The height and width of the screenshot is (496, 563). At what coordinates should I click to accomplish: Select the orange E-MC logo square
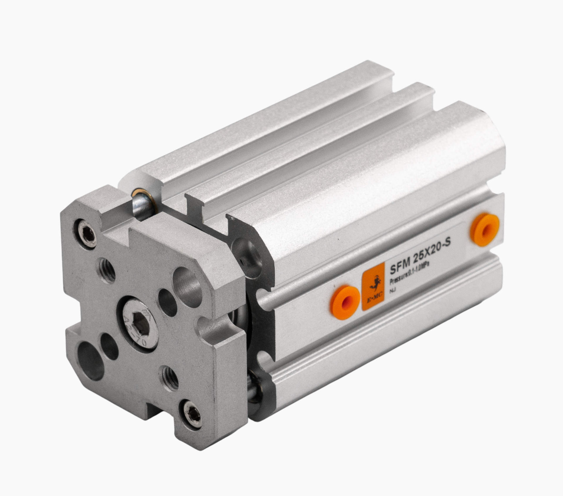point(373,287)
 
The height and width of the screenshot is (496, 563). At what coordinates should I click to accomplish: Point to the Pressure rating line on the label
point(412,277)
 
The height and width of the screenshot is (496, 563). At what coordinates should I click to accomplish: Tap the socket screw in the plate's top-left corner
point(87,233)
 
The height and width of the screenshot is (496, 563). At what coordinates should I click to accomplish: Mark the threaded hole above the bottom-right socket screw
point(170,378)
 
